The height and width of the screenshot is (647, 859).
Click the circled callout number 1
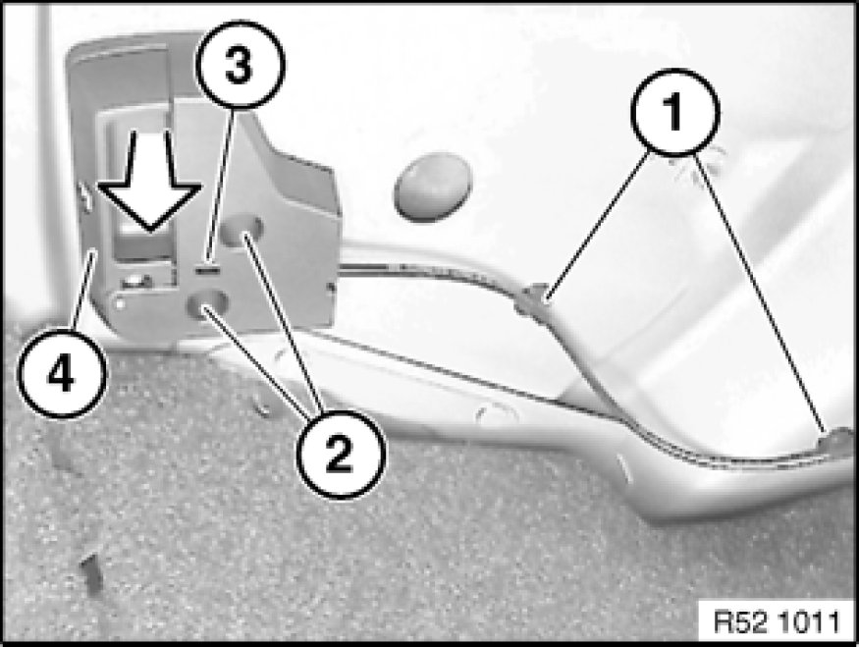click(674, 112)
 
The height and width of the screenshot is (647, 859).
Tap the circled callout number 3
click(241, 65)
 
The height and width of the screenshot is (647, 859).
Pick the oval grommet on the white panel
click(432, 187)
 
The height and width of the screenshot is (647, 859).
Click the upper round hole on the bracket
click(242, 228)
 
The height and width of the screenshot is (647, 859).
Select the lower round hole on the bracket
click(207, 303)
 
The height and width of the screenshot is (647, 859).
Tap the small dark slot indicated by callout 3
click(206, 270)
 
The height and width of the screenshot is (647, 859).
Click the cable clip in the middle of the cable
click(530, 300)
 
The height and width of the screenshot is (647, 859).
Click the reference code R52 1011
click(777, 621)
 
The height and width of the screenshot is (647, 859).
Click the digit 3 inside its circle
click(239, 65)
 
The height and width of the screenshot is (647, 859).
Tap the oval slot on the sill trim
click(497, 414)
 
